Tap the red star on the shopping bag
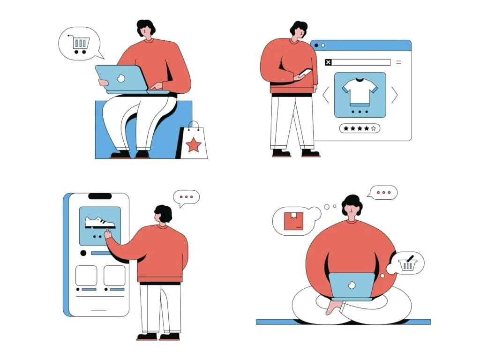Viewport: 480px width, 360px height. (x=194, y=145)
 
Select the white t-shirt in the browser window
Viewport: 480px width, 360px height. (x=360, y=91)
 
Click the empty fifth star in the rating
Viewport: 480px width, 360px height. (x=374, y=128)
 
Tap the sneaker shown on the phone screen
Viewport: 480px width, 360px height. (x=100, y=222)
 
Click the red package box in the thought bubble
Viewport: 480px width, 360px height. (x=293, y=221)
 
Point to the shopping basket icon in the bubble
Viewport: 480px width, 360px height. (x=407, y=264)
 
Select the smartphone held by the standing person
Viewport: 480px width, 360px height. (x=305, y=73)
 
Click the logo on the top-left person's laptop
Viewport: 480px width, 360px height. (x=121, y=79)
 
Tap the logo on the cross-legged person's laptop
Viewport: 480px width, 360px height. (x=352, y=285)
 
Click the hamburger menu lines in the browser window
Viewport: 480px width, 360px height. (x=398, y=62)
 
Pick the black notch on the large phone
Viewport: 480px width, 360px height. (x=100, y=196)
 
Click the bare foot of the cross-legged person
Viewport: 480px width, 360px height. (x=333, y=307)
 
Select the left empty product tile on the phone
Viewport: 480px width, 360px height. (x=86, y=276)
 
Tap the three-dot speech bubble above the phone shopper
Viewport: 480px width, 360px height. (x=187, y=197)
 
